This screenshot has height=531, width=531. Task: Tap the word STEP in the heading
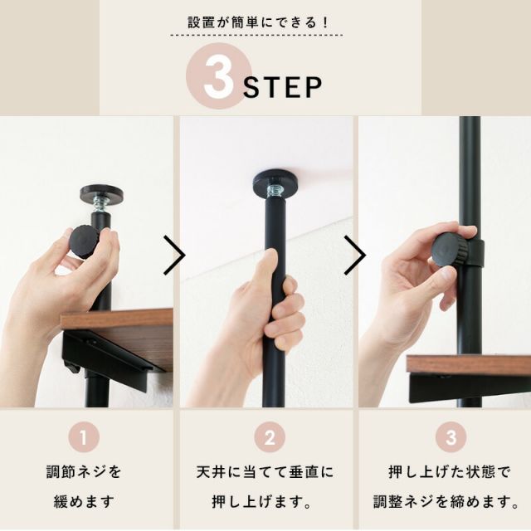(x=283, y=87)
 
